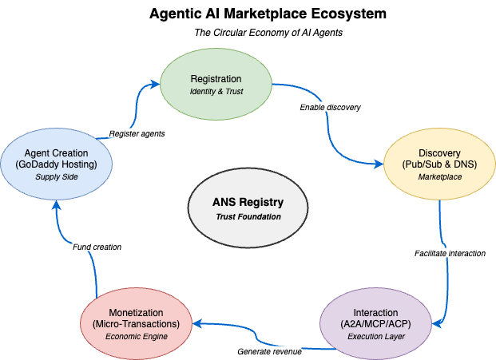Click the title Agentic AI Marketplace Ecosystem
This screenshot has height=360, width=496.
click(x=248, y=14)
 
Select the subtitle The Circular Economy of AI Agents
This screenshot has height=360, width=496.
click(x=248, y=33)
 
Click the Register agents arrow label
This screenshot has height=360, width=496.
click(x=137, y=133)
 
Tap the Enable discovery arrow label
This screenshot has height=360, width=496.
click(x=331, y=107)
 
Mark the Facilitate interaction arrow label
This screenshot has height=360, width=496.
click(x=450, y=253)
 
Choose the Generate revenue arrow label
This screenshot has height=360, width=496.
click(x=269, y=351)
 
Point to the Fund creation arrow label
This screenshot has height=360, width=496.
click(x=97, y=247)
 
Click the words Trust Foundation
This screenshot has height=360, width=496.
click(x=248, y=217)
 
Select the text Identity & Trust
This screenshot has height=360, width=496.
click(x=216, y=92)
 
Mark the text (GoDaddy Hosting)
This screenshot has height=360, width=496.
click(x=57, y=164)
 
